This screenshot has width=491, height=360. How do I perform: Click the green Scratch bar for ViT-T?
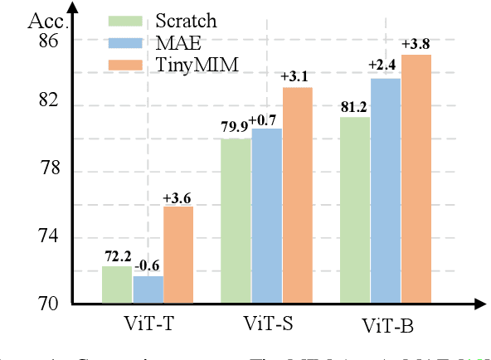coord(117,285)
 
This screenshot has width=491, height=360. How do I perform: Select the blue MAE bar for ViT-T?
coord(148,289)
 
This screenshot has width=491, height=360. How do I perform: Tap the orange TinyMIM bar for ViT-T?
coord(177,255)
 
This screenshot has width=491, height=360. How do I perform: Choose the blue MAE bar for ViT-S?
coord(266,216)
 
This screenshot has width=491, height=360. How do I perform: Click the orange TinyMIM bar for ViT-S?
coord(297,195)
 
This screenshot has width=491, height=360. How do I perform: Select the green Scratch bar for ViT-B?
coord(354,210)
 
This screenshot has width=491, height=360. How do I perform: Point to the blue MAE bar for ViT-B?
coord(385,191)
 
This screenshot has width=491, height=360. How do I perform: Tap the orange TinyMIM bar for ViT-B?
coord(416,178)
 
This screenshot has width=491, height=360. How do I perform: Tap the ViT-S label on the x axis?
coord(267,322)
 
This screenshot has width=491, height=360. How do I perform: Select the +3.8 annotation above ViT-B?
coord(416,44)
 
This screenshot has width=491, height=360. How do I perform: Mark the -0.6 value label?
coord(148,265)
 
